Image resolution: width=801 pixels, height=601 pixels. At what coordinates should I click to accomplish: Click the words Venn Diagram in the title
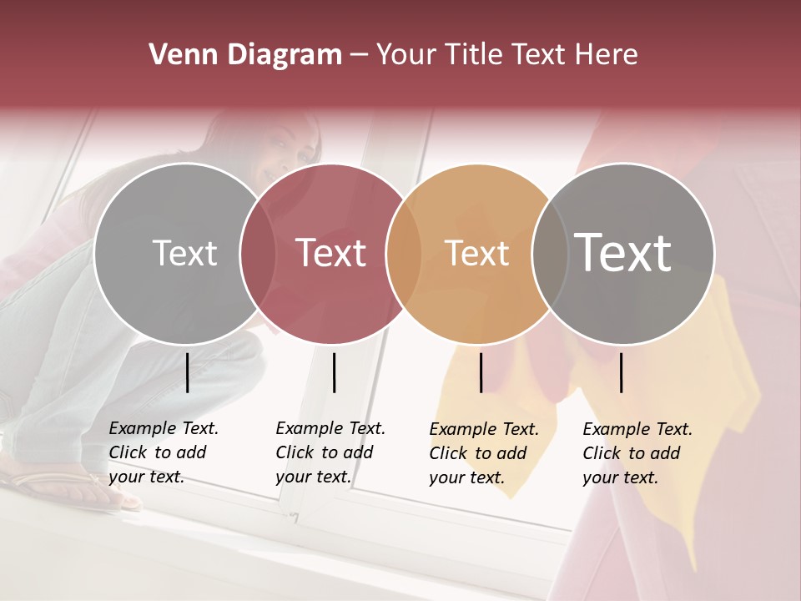245,55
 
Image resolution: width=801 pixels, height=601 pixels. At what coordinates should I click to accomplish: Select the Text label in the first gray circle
184,253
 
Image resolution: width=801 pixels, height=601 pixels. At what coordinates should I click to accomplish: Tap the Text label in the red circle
330,253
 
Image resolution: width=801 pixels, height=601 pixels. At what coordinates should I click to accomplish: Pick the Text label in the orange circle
476,253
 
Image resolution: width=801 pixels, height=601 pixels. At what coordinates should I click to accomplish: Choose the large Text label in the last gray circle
623,252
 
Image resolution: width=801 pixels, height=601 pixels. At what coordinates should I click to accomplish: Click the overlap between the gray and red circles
258,255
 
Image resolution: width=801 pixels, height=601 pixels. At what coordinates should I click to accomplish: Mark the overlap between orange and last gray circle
547,255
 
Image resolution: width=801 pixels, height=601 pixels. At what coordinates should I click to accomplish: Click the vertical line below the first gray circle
188,372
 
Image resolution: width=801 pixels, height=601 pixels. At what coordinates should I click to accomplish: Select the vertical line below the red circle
334,372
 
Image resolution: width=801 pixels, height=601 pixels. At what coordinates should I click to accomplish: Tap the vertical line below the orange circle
481,372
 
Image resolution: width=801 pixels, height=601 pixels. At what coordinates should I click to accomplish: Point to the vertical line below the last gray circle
622,372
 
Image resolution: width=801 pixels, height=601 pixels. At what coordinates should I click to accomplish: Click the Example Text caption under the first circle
163,452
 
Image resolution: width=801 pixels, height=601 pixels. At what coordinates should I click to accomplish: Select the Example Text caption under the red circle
330,452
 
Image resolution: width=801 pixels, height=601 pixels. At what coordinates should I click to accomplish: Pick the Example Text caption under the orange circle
483,453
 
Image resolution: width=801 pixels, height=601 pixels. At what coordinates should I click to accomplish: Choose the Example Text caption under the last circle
637,453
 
